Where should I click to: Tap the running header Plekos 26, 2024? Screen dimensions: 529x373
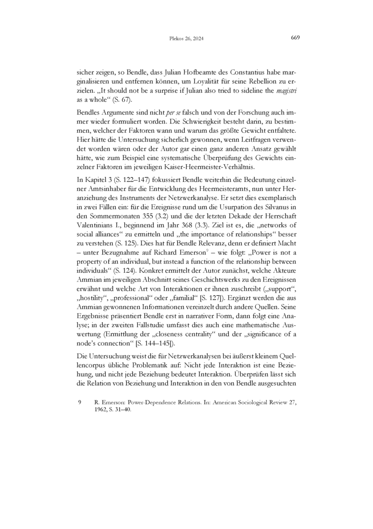coord(186,39)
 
